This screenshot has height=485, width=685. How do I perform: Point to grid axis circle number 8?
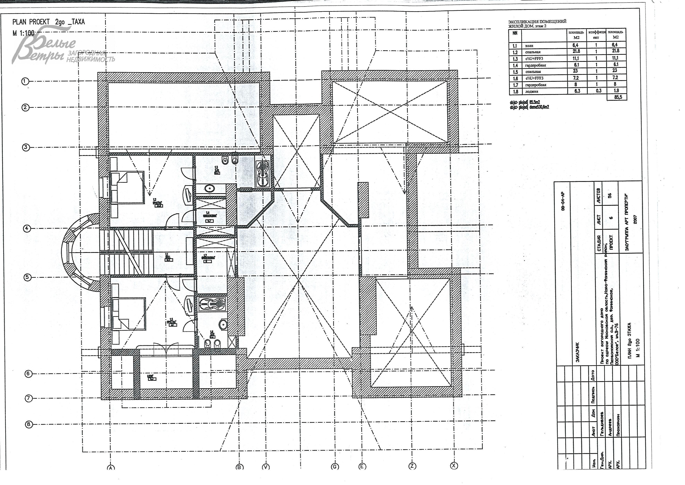click(29, 424)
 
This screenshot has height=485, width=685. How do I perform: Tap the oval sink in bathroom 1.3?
click(210, 189)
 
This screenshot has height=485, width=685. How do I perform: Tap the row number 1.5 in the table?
click(515, 72)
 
